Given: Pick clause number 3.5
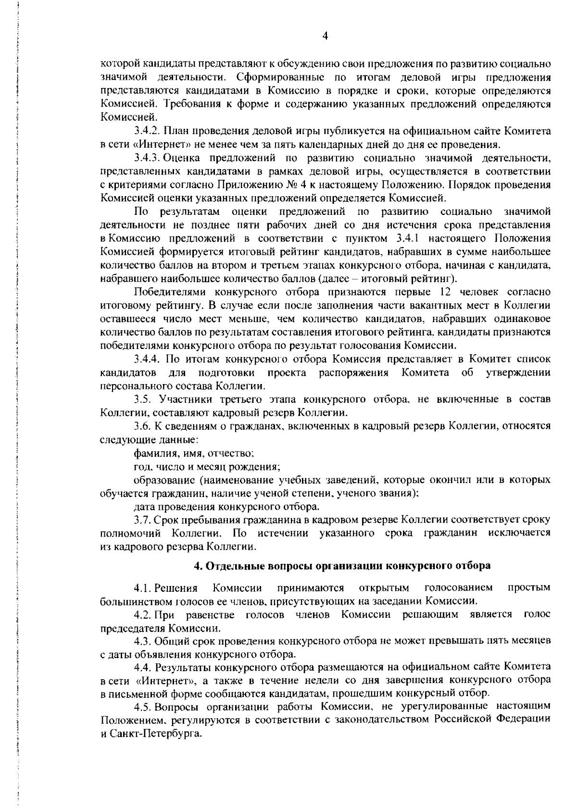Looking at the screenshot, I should coord(143,399).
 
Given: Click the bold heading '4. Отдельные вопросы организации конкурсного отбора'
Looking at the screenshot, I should coord(342,565).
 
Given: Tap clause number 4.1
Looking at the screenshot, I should coord(143,588).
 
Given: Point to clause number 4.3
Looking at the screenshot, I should coord(143,641).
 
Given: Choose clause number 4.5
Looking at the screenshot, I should coord(143,707).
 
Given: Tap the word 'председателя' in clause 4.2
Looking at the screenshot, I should coord(128,628).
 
